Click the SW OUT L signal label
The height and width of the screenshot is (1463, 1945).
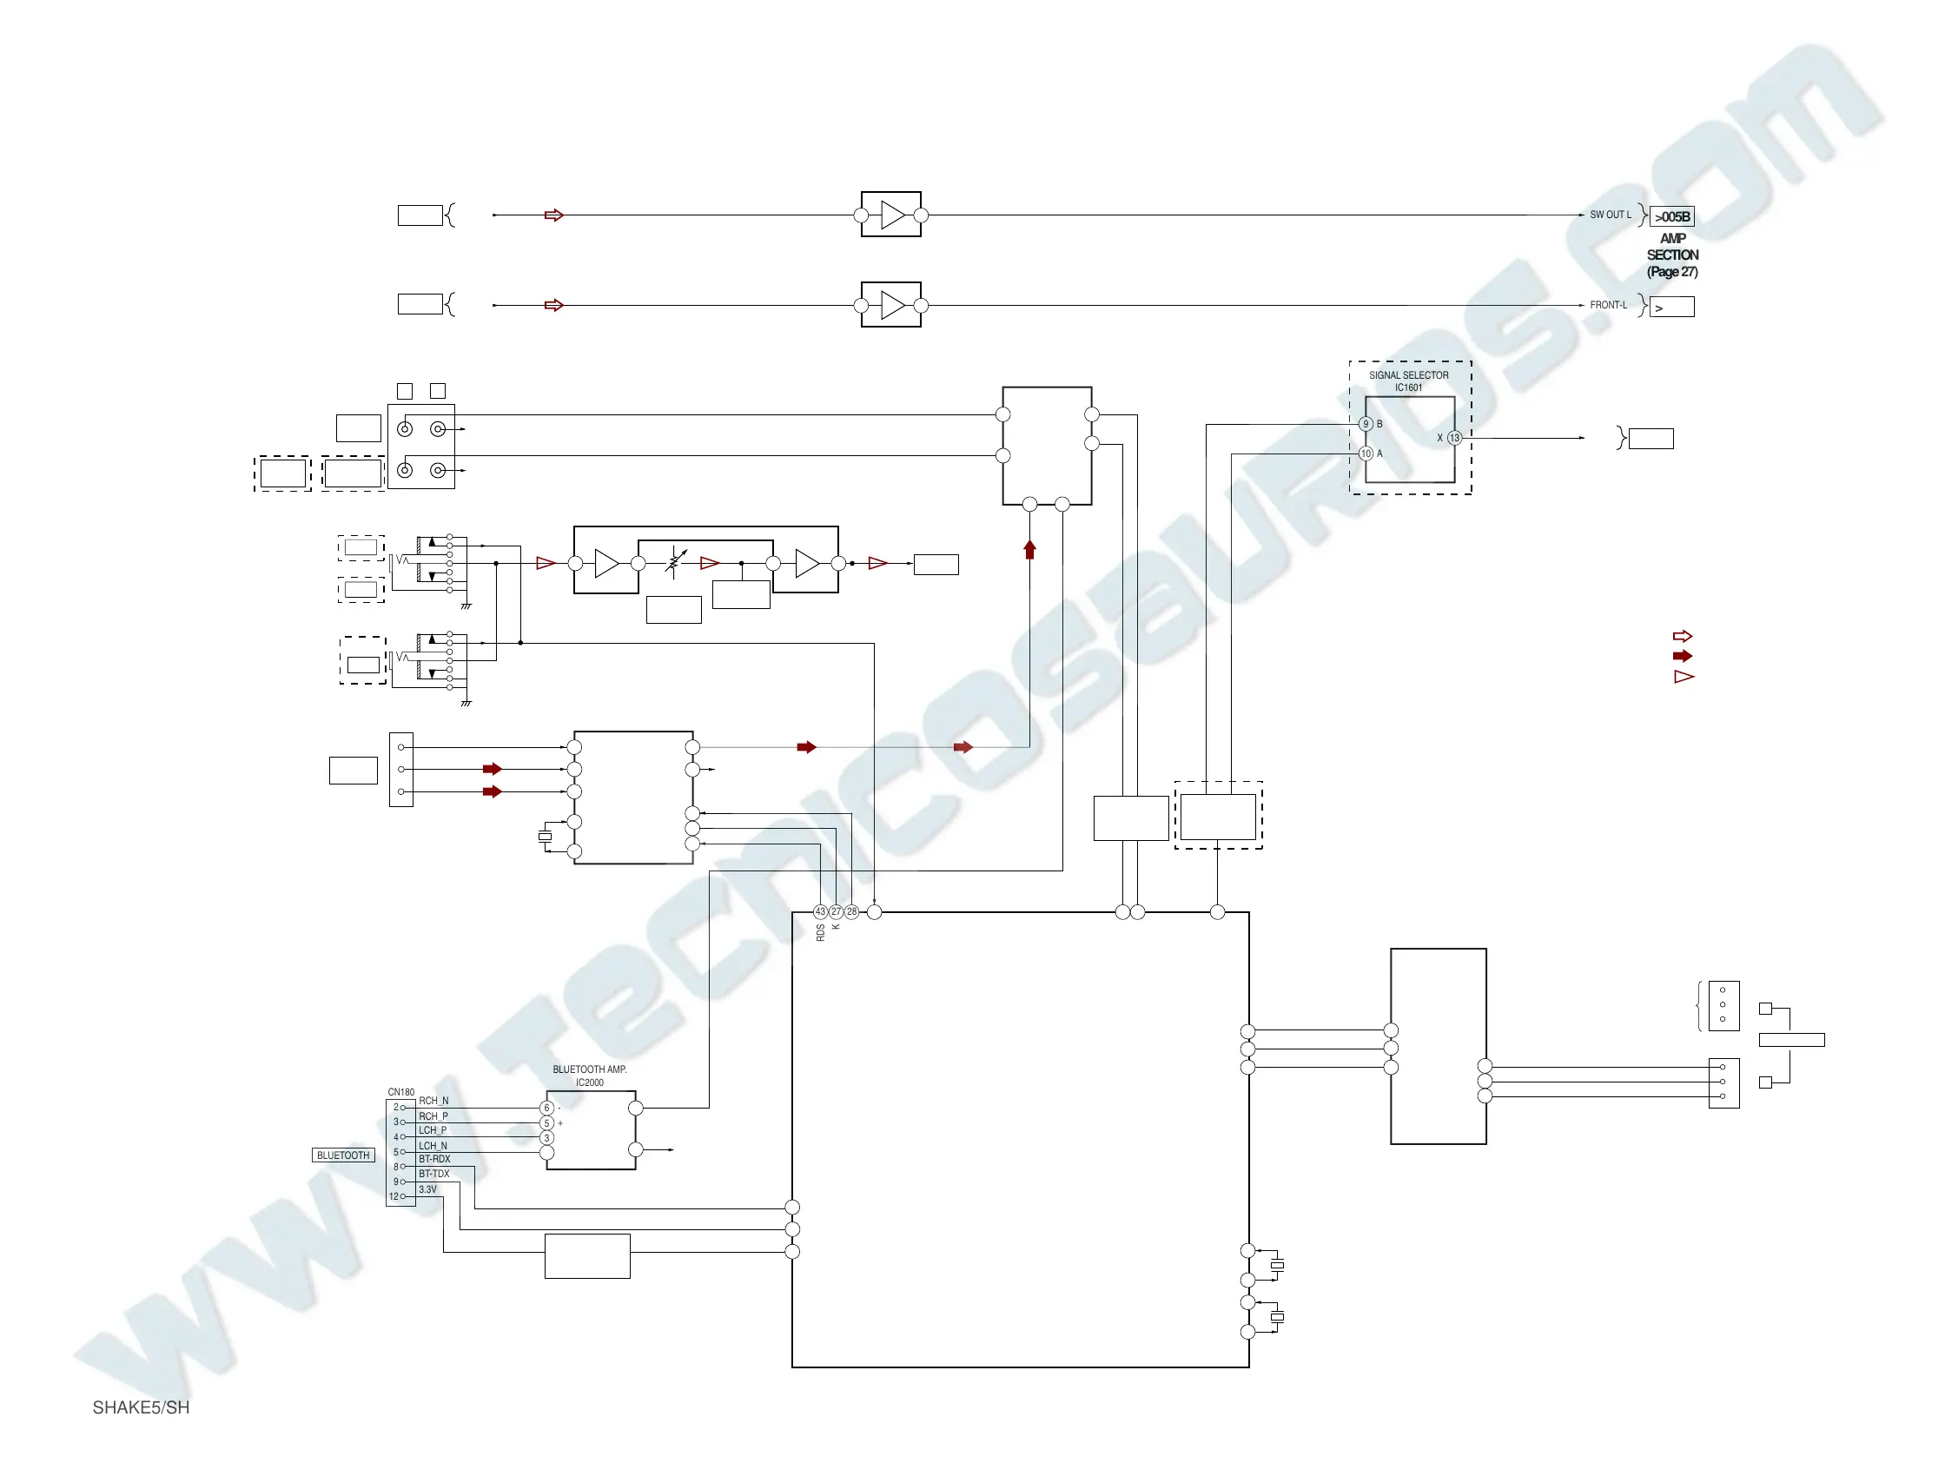[1609, 215]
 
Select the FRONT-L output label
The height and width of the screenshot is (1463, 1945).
[1607, 305]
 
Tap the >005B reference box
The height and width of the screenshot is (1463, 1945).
[1671, 217]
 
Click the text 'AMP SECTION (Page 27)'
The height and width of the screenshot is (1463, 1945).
[1671, 255]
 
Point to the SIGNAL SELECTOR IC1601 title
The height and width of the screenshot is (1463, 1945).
[1408, 381]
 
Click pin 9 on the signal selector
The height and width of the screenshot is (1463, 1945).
[1366, 424]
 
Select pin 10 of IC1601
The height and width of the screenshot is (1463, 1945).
[1366, 453]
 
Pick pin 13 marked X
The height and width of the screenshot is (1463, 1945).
[1454, 438]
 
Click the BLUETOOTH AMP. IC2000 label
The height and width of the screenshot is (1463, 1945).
[589, 1076]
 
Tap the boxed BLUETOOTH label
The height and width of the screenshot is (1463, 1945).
[343, 1155]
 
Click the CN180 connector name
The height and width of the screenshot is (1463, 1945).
[401, 1092]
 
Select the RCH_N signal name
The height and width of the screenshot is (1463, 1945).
[433, 1101]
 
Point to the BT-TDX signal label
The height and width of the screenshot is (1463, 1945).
[433, 1174]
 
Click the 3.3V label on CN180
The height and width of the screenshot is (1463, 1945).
[427, 1189]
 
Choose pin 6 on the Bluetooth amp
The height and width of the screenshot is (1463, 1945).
[547, 1108]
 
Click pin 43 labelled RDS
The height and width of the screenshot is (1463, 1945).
[820, 911]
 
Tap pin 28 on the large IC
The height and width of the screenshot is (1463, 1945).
[851, 911]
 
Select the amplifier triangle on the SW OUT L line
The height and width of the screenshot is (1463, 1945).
[892, 215]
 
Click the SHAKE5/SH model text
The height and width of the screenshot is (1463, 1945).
[141, 1407]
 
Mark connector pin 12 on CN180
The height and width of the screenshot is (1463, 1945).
[394, 1196]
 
